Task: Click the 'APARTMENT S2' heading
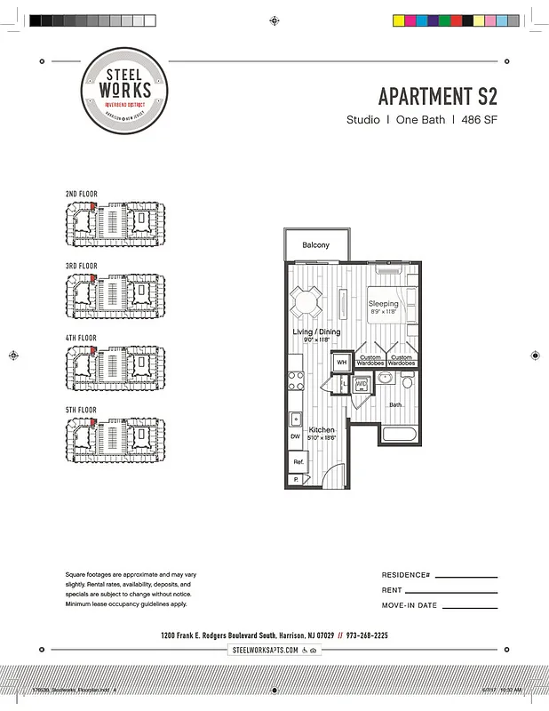[437, 96]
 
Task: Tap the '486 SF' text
[477, 120]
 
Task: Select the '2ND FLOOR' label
[82, 194]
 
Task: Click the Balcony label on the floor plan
[315, 245]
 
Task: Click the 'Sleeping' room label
[384, 304]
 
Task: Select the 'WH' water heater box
[340, 363]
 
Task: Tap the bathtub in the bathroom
[398, 435]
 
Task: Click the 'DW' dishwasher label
[295, 436]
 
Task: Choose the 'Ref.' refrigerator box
[298, 462]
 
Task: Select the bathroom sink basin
[386, 378]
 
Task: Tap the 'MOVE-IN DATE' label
[410, 605]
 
